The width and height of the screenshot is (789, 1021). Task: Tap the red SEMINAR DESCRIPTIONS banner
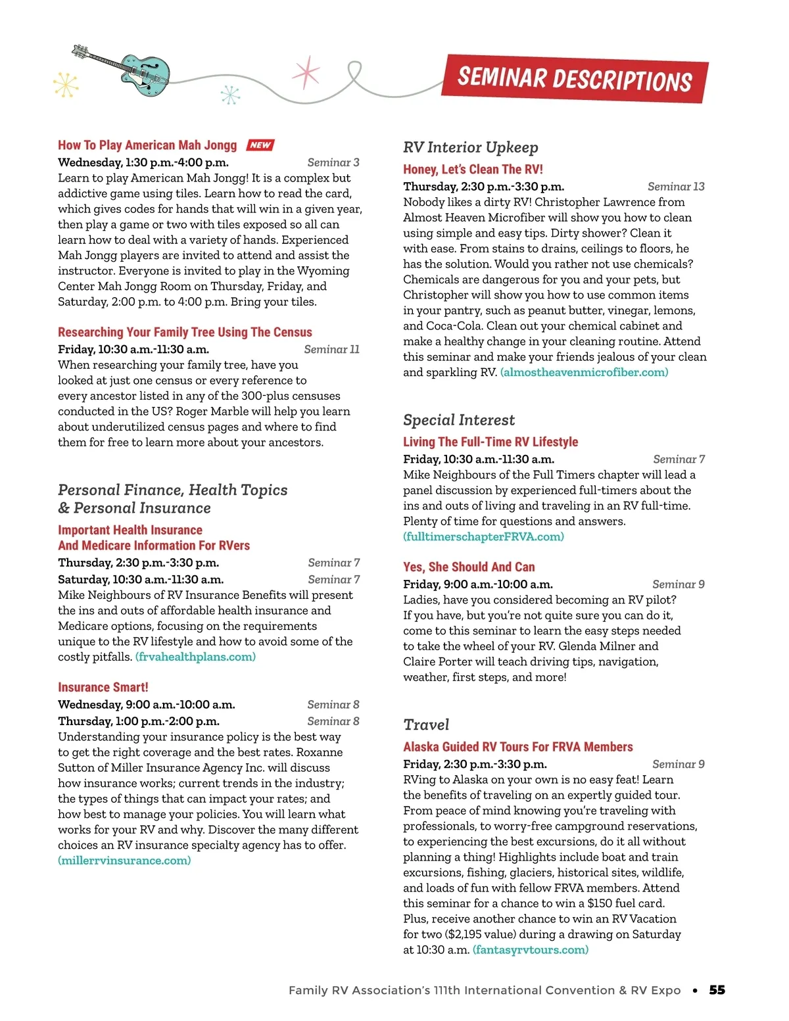coord(575,79)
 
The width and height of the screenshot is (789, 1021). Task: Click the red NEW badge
coord(260,145)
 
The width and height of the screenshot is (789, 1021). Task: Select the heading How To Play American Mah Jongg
coord(147,145)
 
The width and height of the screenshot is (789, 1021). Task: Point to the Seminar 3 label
coord(333,162)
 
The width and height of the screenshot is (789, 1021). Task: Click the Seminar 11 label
coord(331,349)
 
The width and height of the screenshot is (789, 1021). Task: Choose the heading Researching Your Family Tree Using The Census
coord(185,332)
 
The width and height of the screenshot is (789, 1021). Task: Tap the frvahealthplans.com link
coord(195,657)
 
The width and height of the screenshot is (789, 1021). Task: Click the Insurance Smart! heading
coord(103,687)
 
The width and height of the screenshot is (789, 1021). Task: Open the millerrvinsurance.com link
coord(124,861)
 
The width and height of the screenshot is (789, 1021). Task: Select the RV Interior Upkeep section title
coord(471,147)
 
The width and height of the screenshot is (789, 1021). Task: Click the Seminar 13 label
coord(676,187)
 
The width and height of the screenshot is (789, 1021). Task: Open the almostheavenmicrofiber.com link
coord(584,372)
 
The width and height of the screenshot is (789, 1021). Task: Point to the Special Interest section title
coord(459,420)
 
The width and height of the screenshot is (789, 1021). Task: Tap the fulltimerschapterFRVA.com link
coord(483,536)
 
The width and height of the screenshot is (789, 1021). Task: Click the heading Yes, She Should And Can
coord(469,567)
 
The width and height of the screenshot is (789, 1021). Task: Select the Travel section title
coord(426,724)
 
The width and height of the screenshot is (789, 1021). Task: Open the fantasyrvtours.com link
coord(531,949)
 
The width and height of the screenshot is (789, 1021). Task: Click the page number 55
coord(717,990)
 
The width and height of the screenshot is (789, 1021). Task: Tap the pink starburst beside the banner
coord(306,72)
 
